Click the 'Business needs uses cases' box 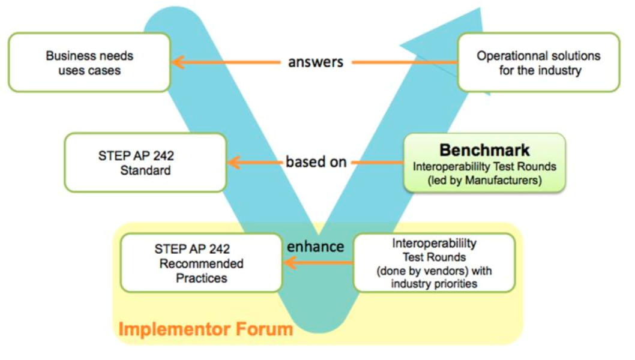89,62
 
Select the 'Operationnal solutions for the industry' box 538,62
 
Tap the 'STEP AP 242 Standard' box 145,163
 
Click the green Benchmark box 484,163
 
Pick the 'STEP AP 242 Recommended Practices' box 201,263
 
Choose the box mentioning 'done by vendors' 434,263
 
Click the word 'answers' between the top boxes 316,62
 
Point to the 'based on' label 316,161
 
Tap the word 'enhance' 316,246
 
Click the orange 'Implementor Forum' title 206,329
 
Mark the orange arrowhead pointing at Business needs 178,62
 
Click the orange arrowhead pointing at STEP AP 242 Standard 234,163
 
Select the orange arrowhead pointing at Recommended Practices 290,263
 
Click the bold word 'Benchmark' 484,150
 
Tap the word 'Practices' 201,278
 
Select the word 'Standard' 145,170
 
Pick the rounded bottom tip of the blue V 319,332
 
